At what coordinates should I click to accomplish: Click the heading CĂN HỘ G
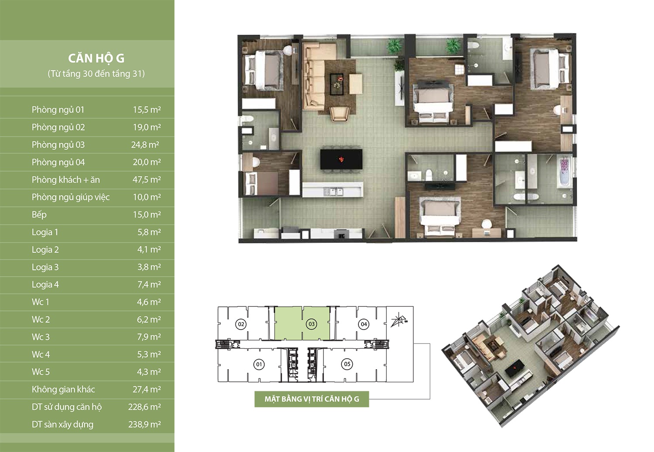pos(96,58)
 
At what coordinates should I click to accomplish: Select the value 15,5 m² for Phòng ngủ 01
pos(147,110)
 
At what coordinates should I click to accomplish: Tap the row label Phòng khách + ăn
pos(66,180)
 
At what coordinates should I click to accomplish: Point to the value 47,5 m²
pos(146,180)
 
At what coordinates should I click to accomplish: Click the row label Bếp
pos(39,215)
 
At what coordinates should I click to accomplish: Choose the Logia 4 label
pos(45,285)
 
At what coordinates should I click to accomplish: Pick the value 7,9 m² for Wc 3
pos(149,337)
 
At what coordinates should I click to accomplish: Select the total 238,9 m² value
pos(144,424)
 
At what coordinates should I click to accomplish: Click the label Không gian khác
pos(63,389)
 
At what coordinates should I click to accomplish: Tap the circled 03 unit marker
pos(312,324)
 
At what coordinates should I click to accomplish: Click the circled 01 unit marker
pos(259,364)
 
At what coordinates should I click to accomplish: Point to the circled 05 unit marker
pos(347,364)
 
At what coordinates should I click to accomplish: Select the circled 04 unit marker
pos(364,324)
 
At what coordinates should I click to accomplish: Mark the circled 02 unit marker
pos(241,324)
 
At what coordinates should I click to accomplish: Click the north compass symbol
pos(399,320)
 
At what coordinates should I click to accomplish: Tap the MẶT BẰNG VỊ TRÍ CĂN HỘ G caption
pos(312,399)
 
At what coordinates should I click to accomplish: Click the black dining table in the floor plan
pos(341,160)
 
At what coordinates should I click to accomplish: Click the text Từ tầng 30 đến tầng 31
pos(96,74)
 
